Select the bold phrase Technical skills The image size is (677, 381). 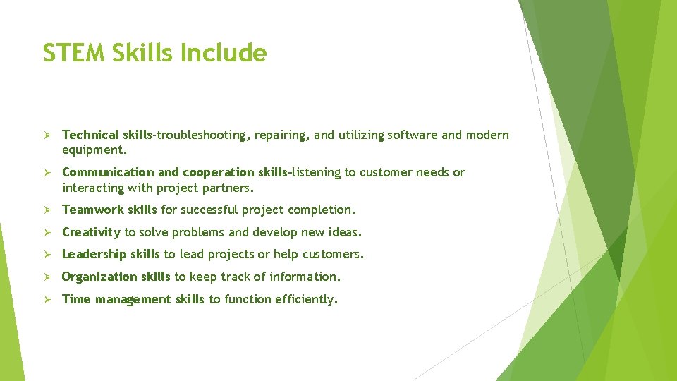pyautogui.click(x=107, y=135)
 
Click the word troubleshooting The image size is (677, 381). pyautogui.click(x=202, y=135)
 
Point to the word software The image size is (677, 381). pyautogui.click(x=412, y=135)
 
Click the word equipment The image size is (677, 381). pyautogui.click(x=94, y=150)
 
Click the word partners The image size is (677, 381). pyautogui.click(x=228, y=188)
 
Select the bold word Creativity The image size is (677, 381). pyautogui.click(x=92, y=232)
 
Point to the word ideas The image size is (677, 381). pyautogui.click(x=345, y=232)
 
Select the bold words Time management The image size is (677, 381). pyautogui.click(x=116, y=299)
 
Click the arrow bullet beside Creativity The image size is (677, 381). pyautogui.click(x=49, y=232)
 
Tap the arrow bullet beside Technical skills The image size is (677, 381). pyautogui.click(x=49, y=135)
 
